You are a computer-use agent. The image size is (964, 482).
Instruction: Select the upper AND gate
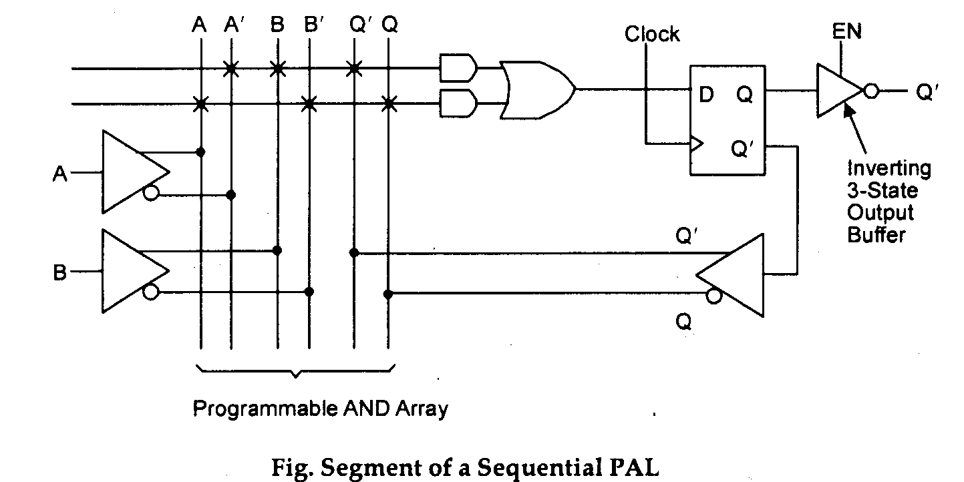(458, 67)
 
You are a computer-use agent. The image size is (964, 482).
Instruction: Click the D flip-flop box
(728, 120)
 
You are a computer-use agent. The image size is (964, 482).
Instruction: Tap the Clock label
(652, 34)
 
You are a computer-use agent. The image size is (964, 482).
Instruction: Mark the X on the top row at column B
(277, 68)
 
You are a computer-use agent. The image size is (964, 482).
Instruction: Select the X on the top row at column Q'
(354, 68)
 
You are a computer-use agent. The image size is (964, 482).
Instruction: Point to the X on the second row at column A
(200, 103)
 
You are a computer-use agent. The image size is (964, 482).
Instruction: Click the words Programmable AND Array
(320, 408)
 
